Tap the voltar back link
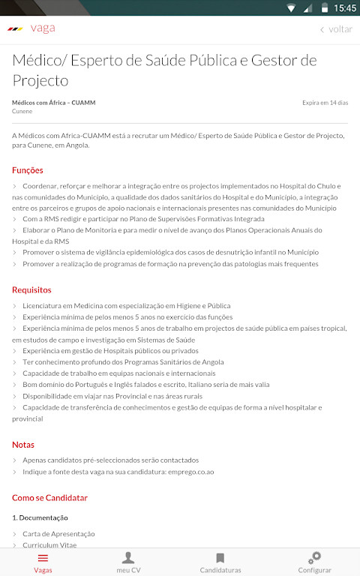coord(336,29)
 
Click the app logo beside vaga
coord(15,29)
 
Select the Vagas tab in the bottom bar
coord(43,562)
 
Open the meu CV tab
coord(128,562)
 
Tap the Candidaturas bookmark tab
coord(220,562)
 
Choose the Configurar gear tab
coord(315,562)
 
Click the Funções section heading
coord(28,170)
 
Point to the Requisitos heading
coord(31,289)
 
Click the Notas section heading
coord(23,444)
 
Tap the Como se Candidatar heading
coord(49,497)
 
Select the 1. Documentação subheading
coord(40,517)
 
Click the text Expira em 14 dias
coord(325,103)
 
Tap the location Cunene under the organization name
coord(22,111)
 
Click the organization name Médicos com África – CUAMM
coord(53,103)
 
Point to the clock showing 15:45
coord(345,8)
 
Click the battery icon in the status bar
coord(324,8)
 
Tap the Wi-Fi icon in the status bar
coord(291,8)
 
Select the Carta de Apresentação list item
coord(58,533)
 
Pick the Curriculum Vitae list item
coord(49,545)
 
